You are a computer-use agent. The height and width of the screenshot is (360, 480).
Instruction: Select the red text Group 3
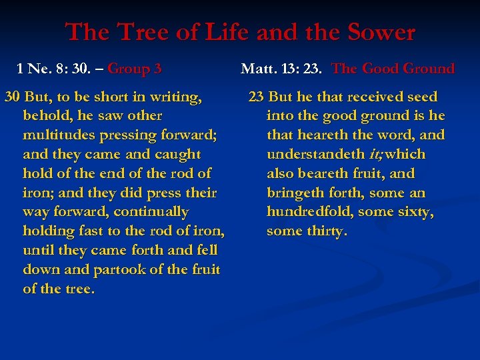click(134, 69)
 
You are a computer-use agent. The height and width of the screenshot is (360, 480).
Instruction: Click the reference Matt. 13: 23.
click(282, 69)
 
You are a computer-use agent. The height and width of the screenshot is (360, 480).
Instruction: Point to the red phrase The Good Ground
click(393, 69)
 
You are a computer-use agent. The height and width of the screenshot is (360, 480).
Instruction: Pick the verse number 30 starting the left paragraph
click(12, 97)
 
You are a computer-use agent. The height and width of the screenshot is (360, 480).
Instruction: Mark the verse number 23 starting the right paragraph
click(257, 97)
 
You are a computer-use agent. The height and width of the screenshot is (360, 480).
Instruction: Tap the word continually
click(151, 213)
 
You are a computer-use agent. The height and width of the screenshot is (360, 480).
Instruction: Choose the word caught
click(176, 155)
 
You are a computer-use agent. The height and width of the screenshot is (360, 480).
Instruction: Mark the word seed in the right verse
click(420, 97)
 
